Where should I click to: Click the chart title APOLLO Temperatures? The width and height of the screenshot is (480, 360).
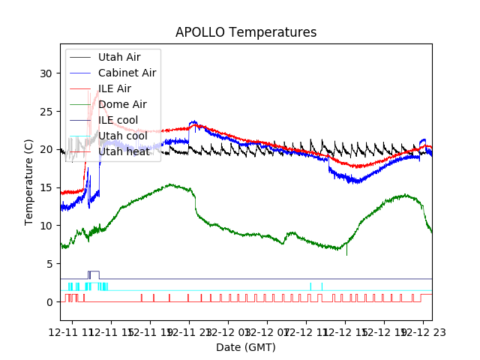point(246,33)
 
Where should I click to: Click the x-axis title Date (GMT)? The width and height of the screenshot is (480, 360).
point(246,347)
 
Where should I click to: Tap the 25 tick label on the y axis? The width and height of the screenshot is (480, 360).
point(46,112)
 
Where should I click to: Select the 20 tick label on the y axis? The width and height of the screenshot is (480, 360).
point(46,150)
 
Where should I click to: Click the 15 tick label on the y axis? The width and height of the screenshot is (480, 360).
point(46,188)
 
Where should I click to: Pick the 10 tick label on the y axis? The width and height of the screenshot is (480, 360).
point(46,226)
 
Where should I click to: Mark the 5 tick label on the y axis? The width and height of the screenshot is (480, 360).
point(49,264)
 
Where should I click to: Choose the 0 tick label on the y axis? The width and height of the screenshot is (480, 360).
point(49,302)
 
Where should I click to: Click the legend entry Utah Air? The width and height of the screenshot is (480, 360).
point(118,57)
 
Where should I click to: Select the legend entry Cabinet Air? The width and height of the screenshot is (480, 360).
point(127,73)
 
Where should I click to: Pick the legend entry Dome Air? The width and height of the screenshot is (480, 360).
point(122,104)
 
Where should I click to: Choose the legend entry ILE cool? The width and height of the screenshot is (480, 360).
point(118,120)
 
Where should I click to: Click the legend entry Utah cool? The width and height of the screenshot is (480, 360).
point(122,136)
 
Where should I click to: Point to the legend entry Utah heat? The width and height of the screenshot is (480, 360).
point(122,151)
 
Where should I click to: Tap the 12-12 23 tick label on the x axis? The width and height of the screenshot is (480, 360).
point(423,331)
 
